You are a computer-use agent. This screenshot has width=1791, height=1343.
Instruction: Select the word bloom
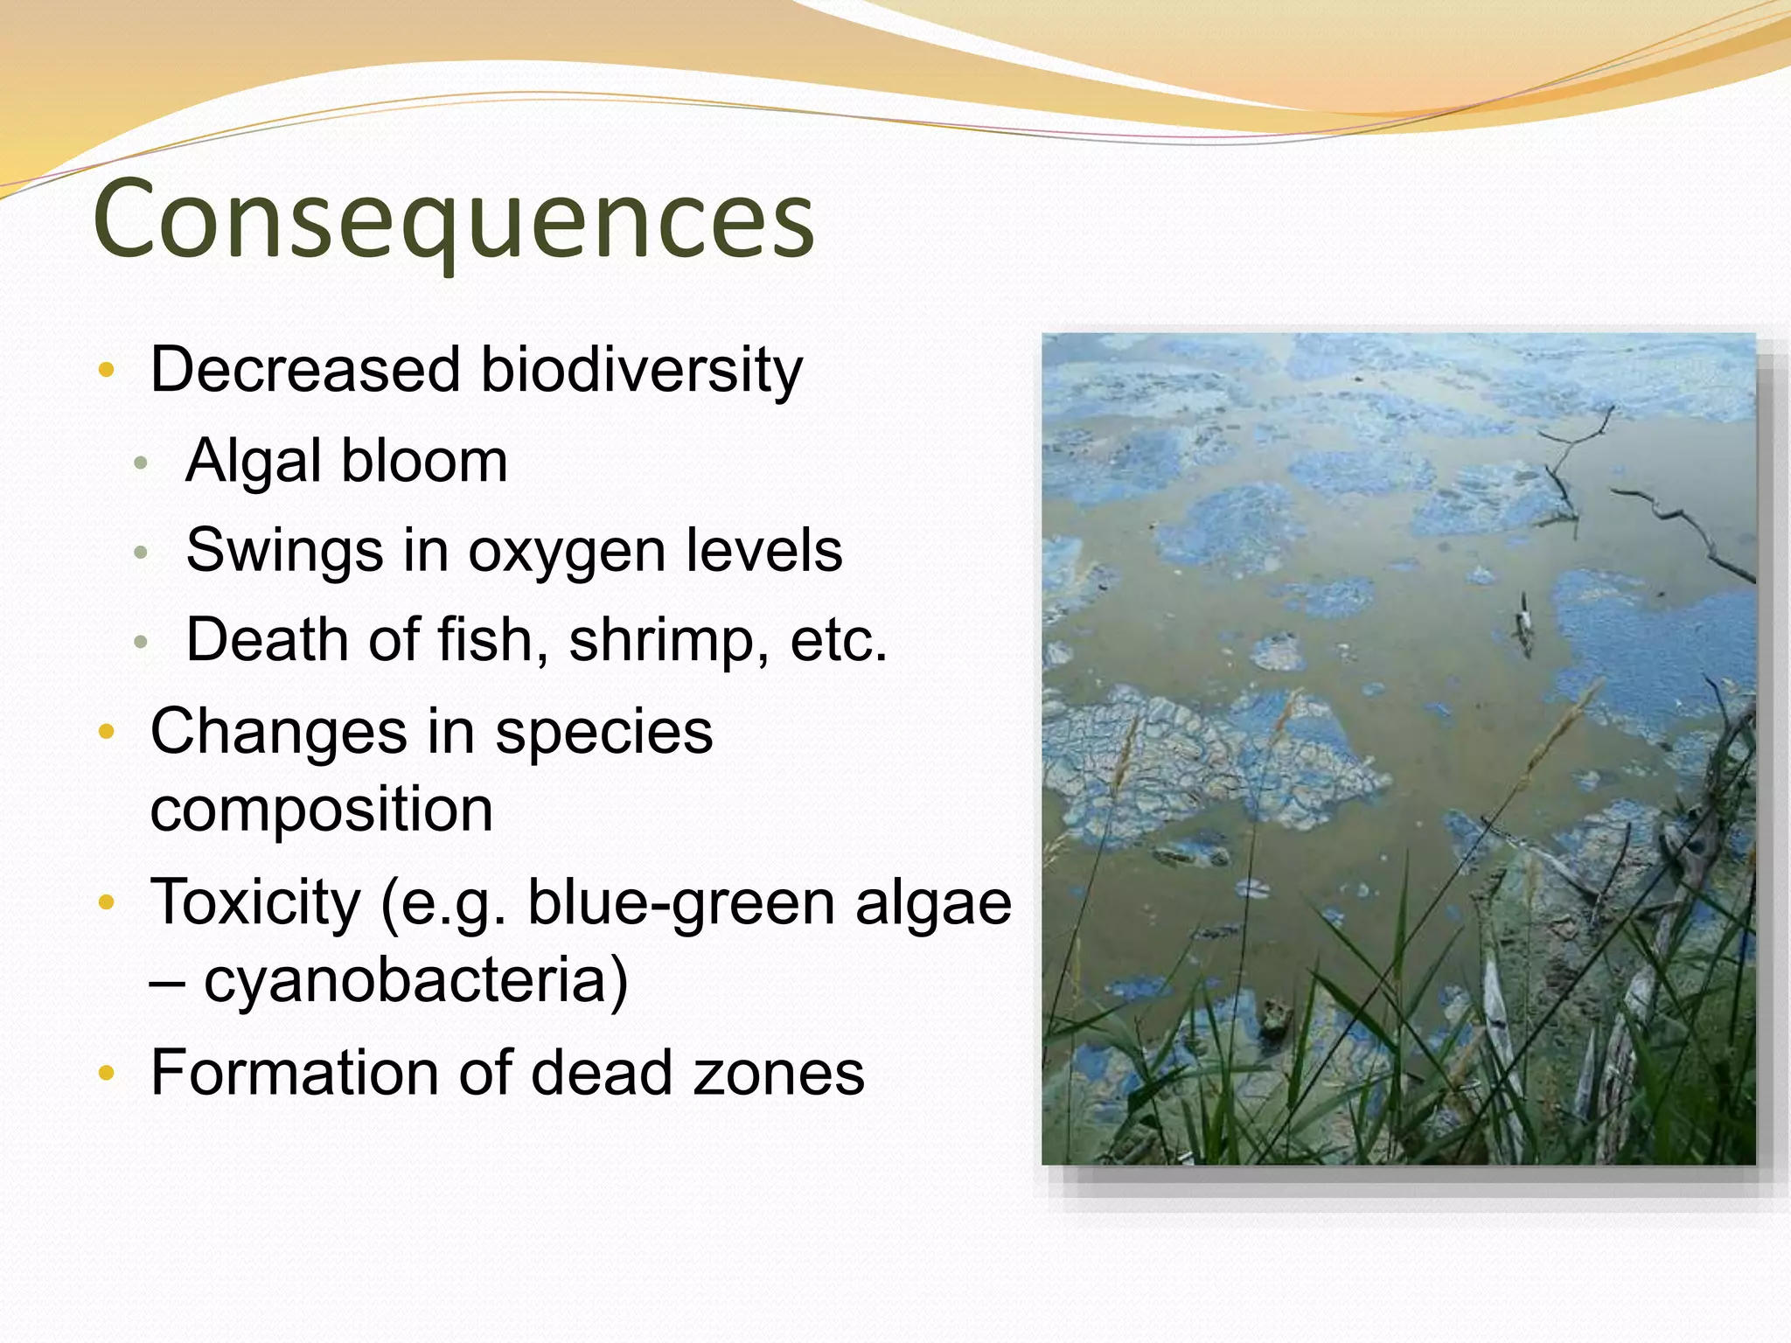(x=424, y=461)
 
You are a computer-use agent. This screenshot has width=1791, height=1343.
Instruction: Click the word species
(x=603, y=733)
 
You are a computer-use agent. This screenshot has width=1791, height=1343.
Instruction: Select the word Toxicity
(x=255, y=902)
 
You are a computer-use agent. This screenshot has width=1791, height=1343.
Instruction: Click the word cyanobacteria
(x=415, y=981)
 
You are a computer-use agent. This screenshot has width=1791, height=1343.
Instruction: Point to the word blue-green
(x=681, y=902)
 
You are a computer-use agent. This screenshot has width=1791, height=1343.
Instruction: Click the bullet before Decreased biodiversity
(x=107, y=371)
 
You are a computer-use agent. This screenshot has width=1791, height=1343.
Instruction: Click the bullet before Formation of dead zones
(x=107, y=1074)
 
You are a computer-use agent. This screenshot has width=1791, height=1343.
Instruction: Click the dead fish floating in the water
(x=1524, y=623)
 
